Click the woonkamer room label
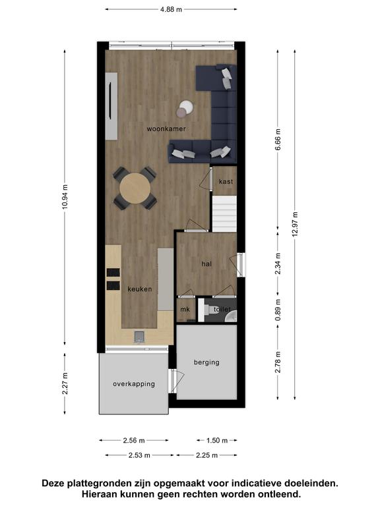(x=166, y=129)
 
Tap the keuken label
(x=140, y=289)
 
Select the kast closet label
(x=226, y=182)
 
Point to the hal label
(x=206, y=264)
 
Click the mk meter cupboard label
(x=185, y=310)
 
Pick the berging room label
(x=206, y=362)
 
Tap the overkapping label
(x=134, y=384)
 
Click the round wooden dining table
(x=135, y=188)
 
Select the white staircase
(x=224, y=213)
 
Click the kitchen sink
(x=140, y=337)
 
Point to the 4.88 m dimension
(x=171, y=9)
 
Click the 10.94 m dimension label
(x=65, y=197)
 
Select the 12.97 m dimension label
(x=295, y=224)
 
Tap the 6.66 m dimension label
(x=278, y=140)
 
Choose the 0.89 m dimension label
(x=278, y=310)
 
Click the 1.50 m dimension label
(x=217, y=441)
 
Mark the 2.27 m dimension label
(x=65, y=383)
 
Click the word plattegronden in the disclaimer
(x=99, y=484)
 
